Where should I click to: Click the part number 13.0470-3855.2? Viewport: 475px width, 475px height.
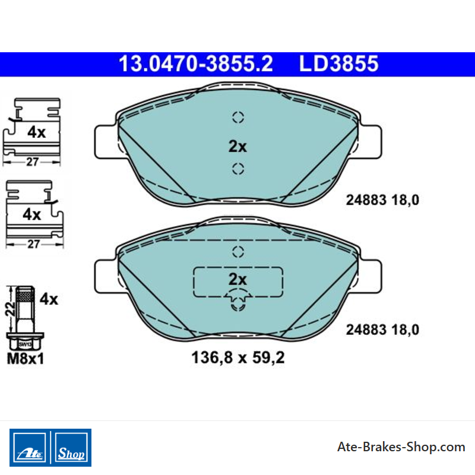coord(196,64)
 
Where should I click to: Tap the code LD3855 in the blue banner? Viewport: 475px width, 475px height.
coord(338,64)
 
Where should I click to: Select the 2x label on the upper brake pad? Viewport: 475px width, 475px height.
coord(237,146)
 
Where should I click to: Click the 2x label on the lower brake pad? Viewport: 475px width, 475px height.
coord(237,279)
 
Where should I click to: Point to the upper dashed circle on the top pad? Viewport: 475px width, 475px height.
coord(238,117)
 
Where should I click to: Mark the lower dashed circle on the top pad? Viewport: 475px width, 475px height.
coord(238,169)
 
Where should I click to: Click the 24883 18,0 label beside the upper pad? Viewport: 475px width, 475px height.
coord(382,200)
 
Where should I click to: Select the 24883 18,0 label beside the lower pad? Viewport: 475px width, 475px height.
coord(382,330)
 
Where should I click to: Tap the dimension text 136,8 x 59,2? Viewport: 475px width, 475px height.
coord(238,357)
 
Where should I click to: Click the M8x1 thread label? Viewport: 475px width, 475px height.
coord(26,359)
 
